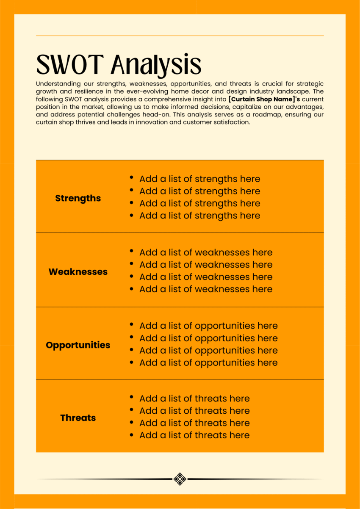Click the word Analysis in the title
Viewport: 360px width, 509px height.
pyautogui.click(x=156, y=65)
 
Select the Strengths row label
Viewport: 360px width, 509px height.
pyautogui.click(x=78, y=198)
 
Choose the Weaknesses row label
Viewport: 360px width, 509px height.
pyautogui.click(x=78, y=271)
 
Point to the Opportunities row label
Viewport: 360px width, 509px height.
pyautogui.click(x=78, y=345)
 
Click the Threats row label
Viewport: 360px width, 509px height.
pyautogui.click(x=78, y=418)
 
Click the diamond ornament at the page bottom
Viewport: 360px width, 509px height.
pyautogui.click(x=180, y=479)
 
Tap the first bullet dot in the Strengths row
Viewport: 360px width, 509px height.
pyautogui.click(x=132, y=178)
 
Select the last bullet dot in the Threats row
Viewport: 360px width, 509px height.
pyautogui.click(x=132, y=435)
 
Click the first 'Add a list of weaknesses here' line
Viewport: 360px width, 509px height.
pyautogui.click(x=206, y=252)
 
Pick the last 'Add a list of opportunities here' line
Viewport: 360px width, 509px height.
pyautogui.click(x=208, y=362)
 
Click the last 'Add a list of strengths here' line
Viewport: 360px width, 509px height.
pyautogui.click(x=199, y=216)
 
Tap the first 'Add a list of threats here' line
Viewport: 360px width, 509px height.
pyautogui.click(x=194, y=398)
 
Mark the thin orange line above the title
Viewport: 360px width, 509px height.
pyautogui.click(x=180, y=36)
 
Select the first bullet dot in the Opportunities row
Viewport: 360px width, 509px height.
pyautogui.click(x=132, y=325)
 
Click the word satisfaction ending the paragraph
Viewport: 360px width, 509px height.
pyautogui.click(x=233, y=122)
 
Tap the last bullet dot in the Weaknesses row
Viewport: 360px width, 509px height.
pyautogui.click(x=132, y=288)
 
